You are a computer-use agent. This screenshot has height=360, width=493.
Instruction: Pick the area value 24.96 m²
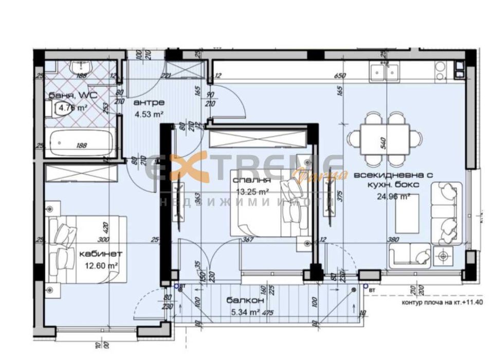pyautogui.click(x=383, y=196)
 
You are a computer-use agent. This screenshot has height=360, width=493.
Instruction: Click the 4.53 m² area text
pyautogui.click(x=148, y=114)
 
